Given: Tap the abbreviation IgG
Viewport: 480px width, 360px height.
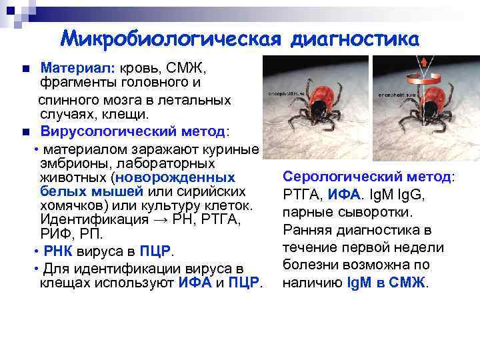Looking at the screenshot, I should (x=411, y=195).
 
